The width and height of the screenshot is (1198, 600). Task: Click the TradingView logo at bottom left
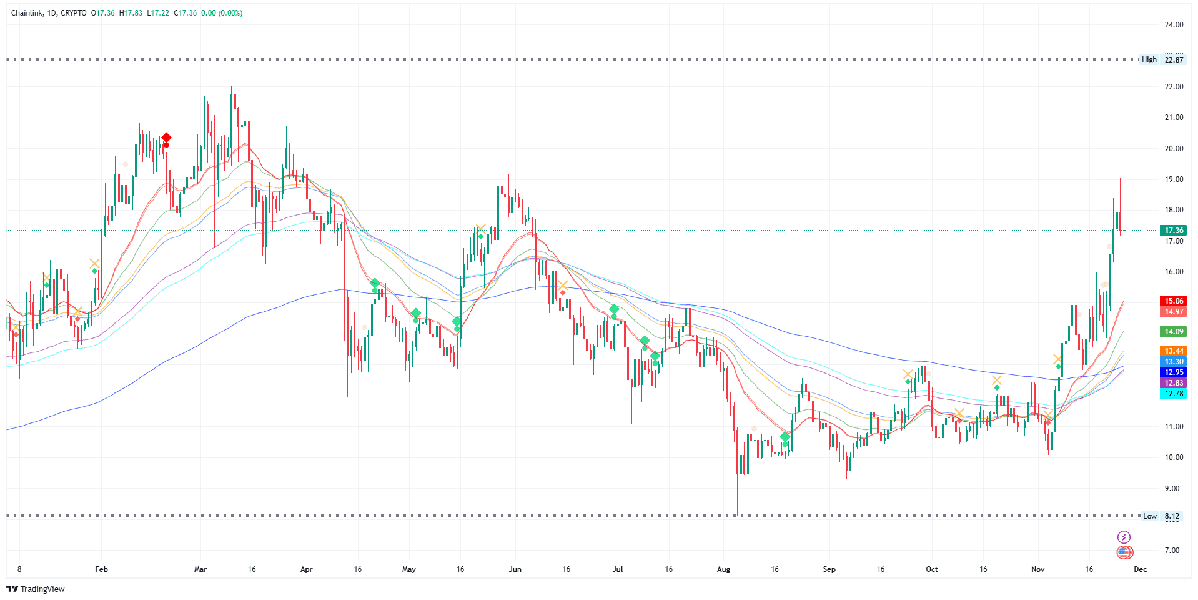click(x=36, y=589)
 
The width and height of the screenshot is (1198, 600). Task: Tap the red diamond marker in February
click(x=166, y=138)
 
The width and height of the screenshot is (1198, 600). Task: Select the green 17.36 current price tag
click(x=1173, y=231)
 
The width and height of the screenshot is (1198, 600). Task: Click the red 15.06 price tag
click(x=1173, y=301)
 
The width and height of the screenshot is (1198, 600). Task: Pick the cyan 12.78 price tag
click(x=1173, y=394)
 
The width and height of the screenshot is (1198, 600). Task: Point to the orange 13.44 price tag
click(x=1173, y=351)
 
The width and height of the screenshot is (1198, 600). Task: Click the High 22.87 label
click(x=1162, y=59)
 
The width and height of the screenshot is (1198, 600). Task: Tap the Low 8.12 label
click(x=1161, y=516)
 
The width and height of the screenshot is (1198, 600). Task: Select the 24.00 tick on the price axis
click(x=1174, y=25)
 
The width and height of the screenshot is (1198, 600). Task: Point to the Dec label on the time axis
click(x=1141, y=569)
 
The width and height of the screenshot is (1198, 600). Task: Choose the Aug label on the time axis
click(x=723, y=569)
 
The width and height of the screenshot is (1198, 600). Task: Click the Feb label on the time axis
click(x=101, y=569)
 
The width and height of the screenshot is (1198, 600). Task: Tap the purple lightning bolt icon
click(x=1124, y=537)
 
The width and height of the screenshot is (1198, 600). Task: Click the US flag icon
click(x=1124, y=552)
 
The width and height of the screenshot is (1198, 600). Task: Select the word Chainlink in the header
click(x=27, y=13)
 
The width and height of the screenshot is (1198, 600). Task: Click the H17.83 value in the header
click(x=131, y=13)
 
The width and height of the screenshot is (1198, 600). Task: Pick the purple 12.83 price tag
click(x=1173, y=383)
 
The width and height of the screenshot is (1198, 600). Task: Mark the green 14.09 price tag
click(x=1173, y=332)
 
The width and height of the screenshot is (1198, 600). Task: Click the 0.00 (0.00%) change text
click(x=222, y=13)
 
